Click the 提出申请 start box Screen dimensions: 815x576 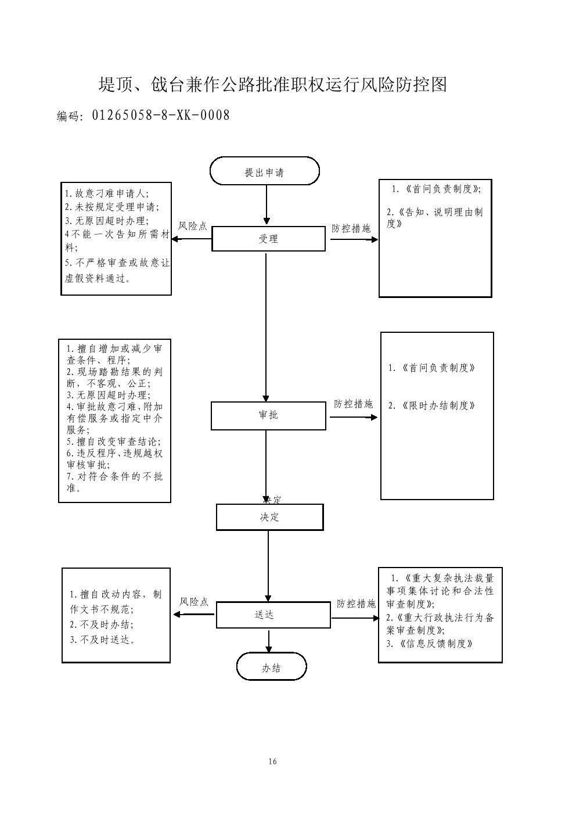[x=265, y=172]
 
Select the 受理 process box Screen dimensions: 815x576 [x=268, y=239]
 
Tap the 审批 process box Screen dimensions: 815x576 [x=268, y=415]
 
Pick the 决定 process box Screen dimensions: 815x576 [x=269, y=517]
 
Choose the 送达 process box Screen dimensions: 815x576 [x=273, y=615]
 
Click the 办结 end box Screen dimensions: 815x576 [x=271, y=667]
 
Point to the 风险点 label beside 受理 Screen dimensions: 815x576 [x=192, y=227]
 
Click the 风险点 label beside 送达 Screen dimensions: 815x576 [x=194, y=602]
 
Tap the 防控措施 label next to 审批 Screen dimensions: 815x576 [x=353, y=404]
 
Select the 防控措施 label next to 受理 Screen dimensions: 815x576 [x=351, y=229]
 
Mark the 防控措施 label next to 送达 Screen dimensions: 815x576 [x=356, y=604]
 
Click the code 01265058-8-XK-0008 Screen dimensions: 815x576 [x=161, y=116]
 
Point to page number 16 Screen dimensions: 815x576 [x=273, y=762]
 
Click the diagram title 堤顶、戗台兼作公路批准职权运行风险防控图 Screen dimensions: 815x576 [x=273, y=85]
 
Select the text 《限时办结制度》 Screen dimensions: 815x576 [x=432, y=406]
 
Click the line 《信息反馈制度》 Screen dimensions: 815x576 [x=430, y=644]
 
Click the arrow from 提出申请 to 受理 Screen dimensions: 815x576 [x=267, y=205]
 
